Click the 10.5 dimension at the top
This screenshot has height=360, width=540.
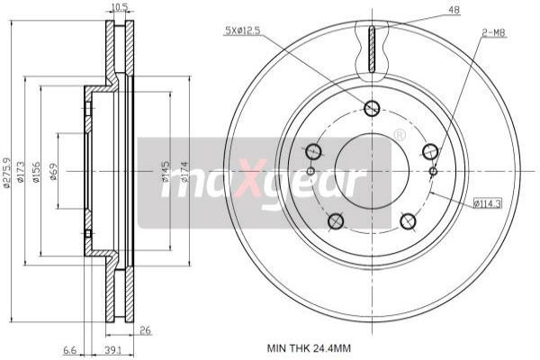click(x=117, y=8)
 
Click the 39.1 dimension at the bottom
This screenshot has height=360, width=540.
click(x=113, y=351)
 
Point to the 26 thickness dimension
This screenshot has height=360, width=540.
click(x=145, y=331)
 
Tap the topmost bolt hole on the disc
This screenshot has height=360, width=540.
click(x=372, y=109)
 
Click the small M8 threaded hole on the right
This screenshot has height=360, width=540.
click(x=433, y=171)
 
